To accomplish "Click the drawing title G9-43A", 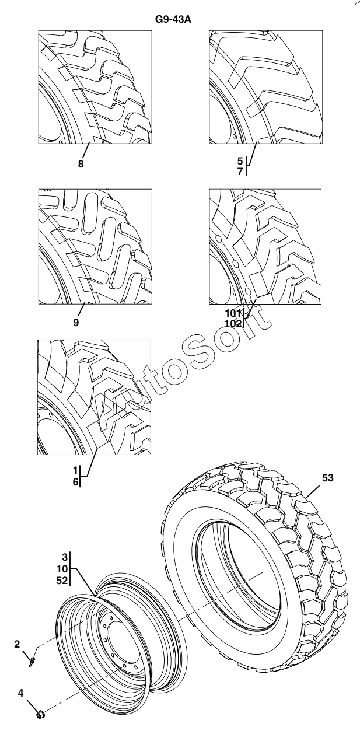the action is (x=173, y=20).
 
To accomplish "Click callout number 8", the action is (x=81, y=165).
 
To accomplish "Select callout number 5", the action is (x=240, y=160).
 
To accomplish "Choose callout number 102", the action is (x=233, y=323).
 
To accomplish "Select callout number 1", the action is (x=76, y=470).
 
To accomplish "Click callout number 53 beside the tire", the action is (x=327, y=478).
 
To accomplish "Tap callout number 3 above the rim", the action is (x=65, y=557).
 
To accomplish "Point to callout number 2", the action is (x=18, y=644).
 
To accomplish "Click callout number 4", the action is (x=20, y=694).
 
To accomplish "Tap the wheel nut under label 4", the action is (x=40, y=714).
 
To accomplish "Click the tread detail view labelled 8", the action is (x=95, y=87).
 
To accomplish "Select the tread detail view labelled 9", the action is (x=95, y=246).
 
